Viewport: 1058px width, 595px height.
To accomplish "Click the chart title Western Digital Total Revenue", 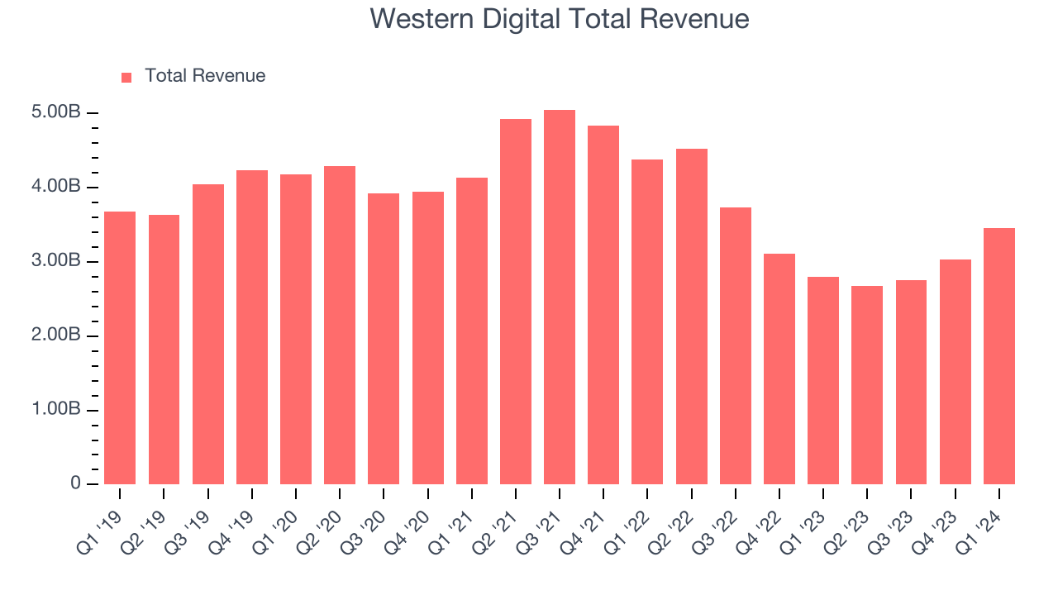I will click(x=559, y=19).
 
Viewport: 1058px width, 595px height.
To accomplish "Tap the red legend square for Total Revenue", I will click(x=126, y=77).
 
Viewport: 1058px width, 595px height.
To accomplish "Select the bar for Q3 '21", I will click(x=560, y=297).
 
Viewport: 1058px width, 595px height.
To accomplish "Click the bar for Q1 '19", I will click(x=120, y=348).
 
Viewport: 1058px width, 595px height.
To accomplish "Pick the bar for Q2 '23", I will click(x=867, y=385).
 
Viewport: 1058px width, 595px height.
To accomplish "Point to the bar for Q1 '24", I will click(x=999, y=356).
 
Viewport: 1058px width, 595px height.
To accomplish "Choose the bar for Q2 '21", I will click(x=516, y=302).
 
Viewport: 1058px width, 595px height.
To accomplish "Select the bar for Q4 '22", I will click(x=779, y=369).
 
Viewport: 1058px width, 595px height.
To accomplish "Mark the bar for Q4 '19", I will click(x=252, y=327).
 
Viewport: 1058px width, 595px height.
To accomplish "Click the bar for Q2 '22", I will click(x=692, y=317).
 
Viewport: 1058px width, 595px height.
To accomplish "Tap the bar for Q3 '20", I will click(x=384, y=339).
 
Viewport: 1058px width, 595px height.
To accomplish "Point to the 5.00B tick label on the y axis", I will click(x=57, y=112).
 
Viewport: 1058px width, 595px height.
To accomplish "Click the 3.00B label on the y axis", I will click(x=57, y=261).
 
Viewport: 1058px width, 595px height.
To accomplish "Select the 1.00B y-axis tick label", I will click(x=57, y=410).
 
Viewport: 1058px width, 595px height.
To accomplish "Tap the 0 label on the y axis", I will click(x=75, y=483).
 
